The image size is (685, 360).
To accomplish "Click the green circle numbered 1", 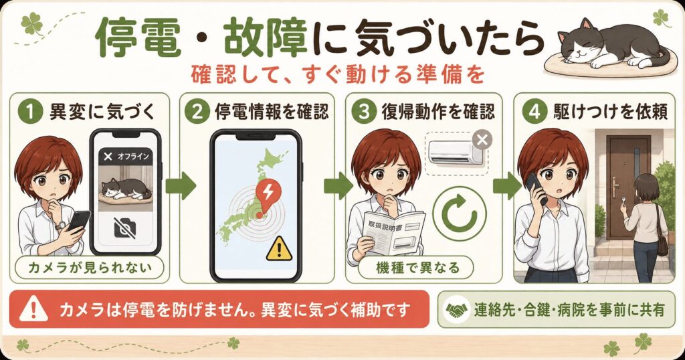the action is pos(30,112).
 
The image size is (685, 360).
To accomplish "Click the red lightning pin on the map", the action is pos(268,196).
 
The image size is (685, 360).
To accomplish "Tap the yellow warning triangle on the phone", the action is pos(279,248).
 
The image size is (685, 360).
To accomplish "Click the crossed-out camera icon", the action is pos(125,228).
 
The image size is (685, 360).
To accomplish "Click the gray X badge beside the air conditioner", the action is pos(482,141).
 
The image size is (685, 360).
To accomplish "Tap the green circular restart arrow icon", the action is pos(460,213).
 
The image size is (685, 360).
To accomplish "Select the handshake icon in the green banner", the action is pos(456,310).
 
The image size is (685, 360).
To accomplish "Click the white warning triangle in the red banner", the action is pos(33,308).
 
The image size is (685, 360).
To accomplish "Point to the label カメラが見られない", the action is pos(90,267).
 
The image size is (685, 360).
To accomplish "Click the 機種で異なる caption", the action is pos(418,267).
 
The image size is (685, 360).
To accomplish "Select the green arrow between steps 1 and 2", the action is pos(181,185).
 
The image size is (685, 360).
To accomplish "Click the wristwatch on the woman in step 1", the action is pos(61,226).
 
